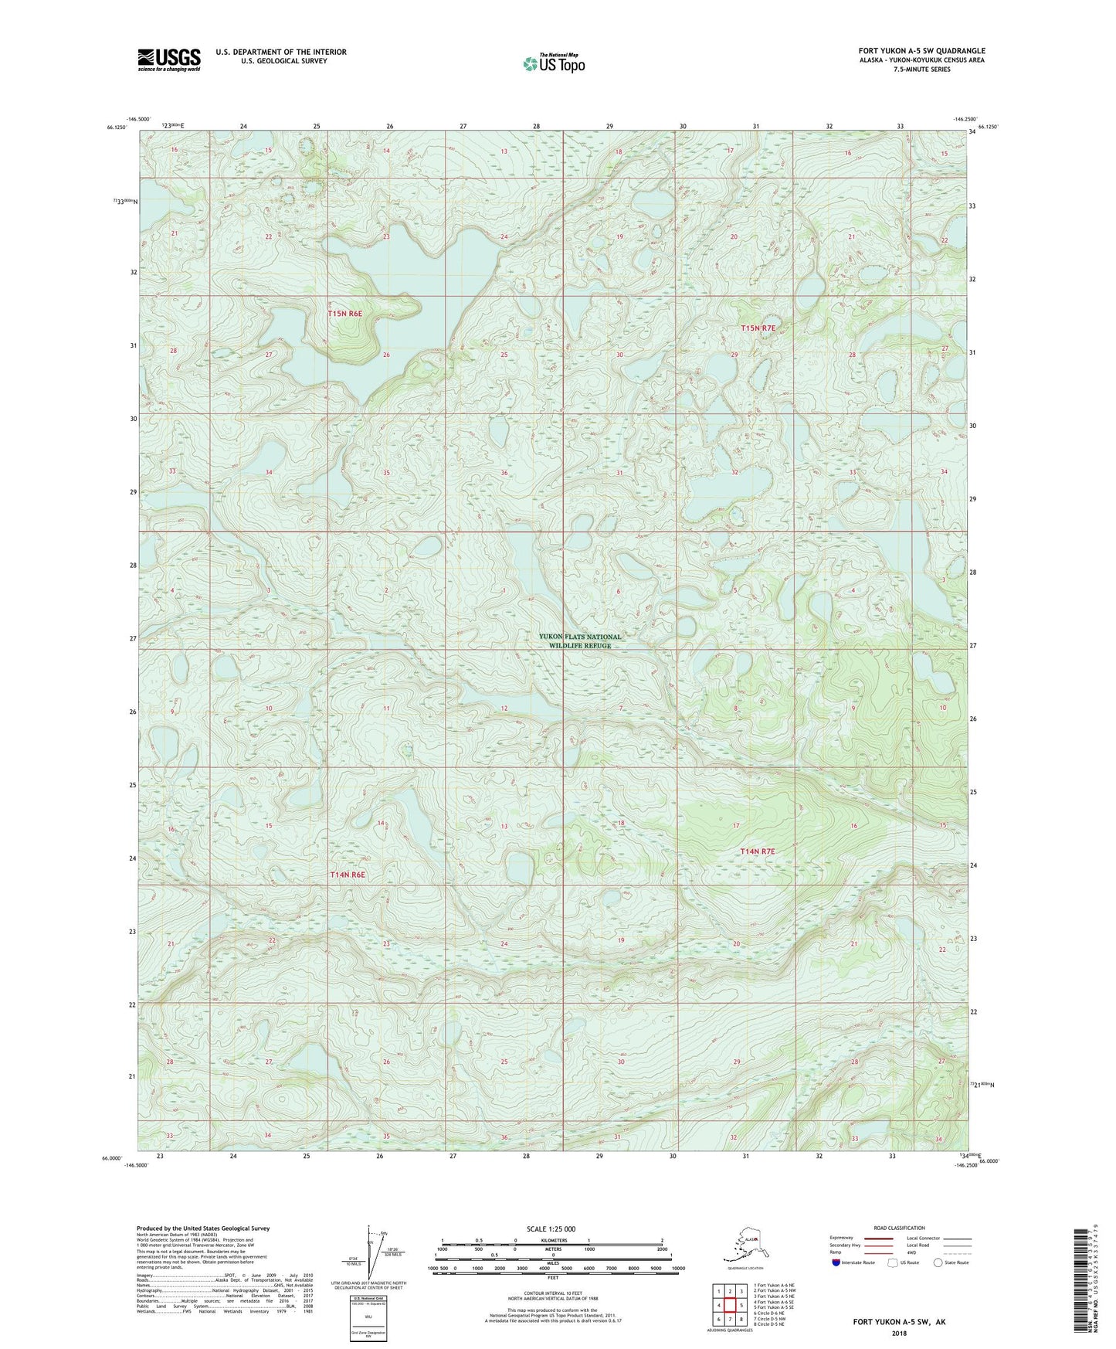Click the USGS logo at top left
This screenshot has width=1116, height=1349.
click(x=169, y=59)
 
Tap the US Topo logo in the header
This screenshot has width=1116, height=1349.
click(x=553, y=63)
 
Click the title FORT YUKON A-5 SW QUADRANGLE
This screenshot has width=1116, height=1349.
click(x=921, y=51)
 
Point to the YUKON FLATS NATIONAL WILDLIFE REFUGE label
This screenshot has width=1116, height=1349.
click(x=579, y=641)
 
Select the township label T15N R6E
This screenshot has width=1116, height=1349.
click(x=345, y=314)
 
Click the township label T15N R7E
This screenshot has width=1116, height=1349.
click(x=757, y=328)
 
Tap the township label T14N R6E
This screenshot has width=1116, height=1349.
click(x=347, y=875)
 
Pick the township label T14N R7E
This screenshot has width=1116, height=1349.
click(x=757, y=851)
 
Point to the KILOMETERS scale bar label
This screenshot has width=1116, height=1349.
click(x=551, y=1241)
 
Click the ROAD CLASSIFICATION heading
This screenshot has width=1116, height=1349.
click(x=899, y=1228)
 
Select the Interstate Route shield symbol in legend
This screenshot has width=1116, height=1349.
click(x=836, y=1263)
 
